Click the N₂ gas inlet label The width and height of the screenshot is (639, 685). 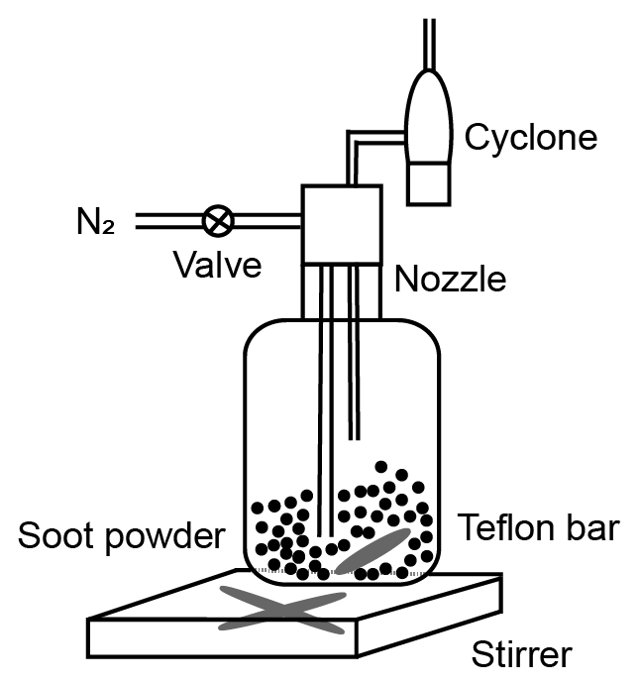click(95, 222)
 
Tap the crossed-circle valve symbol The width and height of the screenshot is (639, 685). click(218, 219)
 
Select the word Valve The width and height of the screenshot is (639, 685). click(217, 265)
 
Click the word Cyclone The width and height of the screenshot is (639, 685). click(531, 137)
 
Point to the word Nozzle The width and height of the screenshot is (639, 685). click(450, 280)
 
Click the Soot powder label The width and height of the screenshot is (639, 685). click(121, 536)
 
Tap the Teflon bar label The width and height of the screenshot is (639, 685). click(538, 528)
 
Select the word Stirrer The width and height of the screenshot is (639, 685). click(521, 655)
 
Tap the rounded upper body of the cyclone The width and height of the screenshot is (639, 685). click(431, 114)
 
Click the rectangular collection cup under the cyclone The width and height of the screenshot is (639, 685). click(430, 182)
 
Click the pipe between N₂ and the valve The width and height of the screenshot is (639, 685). click(168, 219)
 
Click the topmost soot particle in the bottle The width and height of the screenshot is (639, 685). click(380, 466)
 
